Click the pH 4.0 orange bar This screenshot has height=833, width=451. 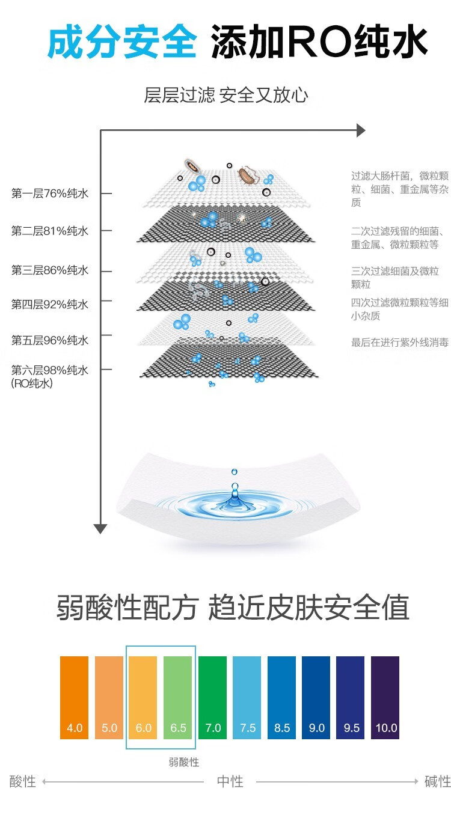(x=74, y=697)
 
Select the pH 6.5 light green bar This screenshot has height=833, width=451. (x=177, y=697)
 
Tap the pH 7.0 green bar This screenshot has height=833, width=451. (x=212, y=697)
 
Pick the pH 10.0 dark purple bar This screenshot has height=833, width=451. (x=385, y=697)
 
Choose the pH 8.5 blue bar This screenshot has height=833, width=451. (x=281, y=697)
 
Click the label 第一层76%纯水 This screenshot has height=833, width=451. (x=50, y=194)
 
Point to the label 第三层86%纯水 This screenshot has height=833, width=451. (x=50, y=270)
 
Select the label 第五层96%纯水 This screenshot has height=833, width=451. (x=50, y=340)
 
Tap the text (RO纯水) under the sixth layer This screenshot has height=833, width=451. (x=32, y=383)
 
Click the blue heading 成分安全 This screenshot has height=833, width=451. (x=122, y=41)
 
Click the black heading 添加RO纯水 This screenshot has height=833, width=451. (x=319, y=41)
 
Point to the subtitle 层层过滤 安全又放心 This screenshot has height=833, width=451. (x=226, y=95)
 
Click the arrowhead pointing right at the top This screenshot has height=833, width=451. (x=361, y=130)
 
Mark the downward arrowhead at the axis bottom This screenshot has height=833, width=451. (x=100, y=528)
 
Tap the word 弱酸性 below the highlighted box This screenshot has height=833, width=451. (x=184, y=762)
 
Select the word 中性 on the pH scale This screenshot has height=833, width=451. (x=230, y=781)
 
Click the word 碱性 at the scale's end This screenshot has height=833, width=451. (x=438, y=781)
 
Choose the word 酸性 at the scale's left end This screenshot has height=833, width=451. (x=23, y=781)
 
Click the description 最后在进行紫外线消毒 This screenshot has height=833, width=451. (x=400, y=342)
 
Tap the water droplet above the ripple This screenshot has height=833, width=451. (x=234, y=472)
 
